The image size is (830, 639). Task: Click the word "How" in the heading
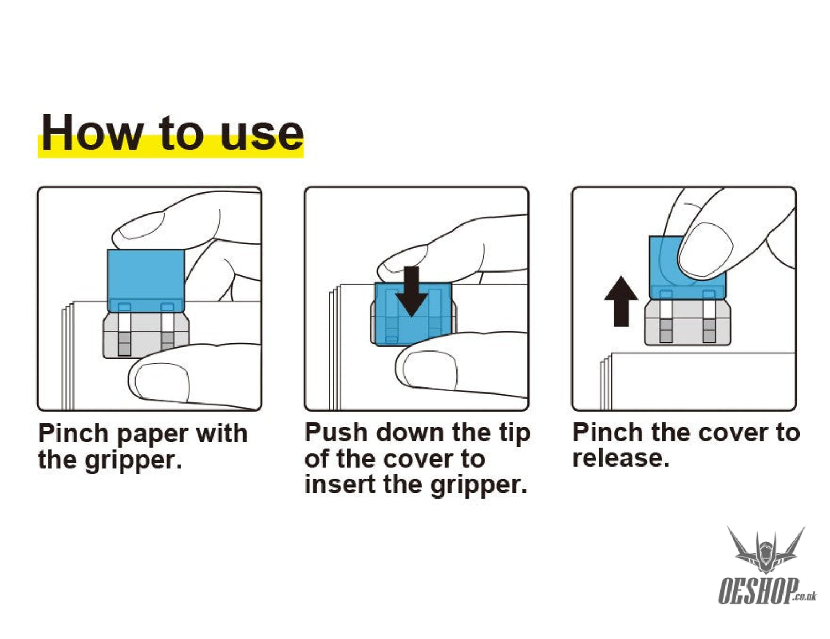pyautogui.click(x=92, y=133)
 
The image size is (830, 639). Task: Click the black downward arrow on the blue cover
pyautogui.click(x=411, y=291)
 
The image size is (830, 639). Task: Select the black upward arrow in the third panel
pyautogui.click(x=621, y=301)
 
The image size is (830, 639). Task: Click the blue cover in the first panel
pyautogui.click(x=146, y=280)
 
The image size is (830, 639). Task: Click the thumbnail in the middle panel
pyautogui.click(x=430, y=370)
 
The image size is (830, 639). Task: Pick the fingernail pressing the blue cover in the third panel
pyautogui.click(x=705, y=250)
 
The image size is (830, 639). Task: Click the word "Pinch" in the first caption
pyautogui.click(x=74, y=434)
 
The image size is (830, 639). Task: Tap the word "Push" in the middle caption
pyautogui.click(x=336, y=432)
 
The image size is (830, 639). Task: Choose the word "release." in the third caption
pyautogui.click(x=621, y=458)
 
